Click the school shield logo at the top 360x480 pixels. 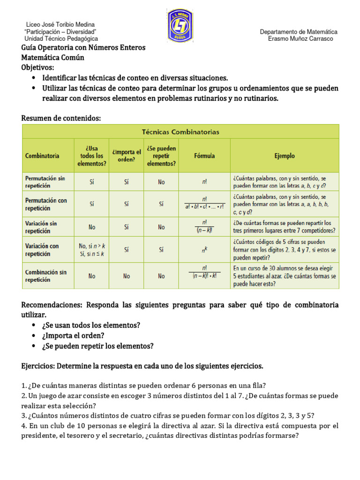coord(180,26)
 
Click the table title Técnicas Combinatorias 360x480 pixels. coord(180,132)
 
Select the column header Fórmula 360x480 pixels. coord(204,156)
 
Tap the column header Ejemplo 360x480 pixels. coord(285,156)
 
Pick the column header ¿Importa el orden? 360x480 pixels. coord(127,156)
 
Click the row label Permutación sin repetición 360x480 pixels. coord(45,182)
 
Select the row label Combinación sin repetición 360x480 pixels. coord(45,276)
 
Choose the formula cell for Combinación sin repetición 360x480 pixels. coord(204,276)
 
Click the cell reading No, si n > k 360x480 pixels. coord(91,246)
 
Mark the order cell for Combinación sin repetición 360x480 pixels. coord(127,276)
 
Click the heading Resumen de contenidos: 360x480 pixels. coord(61,118)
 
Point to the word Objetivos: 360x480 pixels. coord(38,67)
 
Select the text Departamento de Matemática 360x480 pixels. coord(299,31)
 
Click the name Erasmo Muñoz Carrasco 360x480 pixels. coord(300,39)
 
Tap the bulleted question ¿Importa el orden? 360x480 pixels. coord(73,336)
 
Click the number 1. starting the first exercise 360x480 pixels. coord(24,386)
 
